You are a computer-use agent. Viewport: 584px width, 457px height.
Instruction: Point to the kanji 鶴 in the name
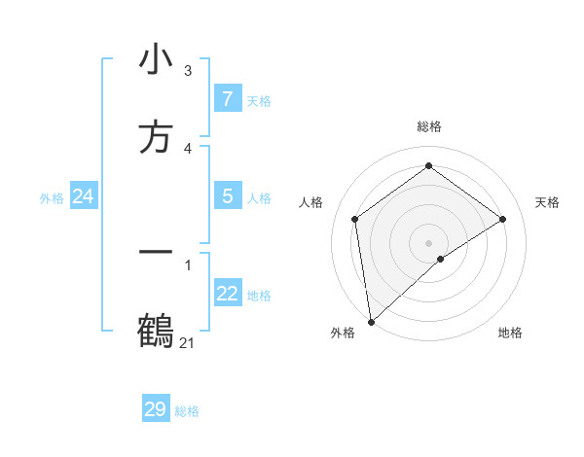pos(156,331)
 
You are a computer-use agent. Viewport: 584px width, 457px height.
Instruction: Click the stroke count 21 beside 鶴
pos(187,342)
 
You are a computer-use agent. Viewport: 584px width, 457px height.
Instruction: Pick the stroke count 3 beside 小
pos(187,70)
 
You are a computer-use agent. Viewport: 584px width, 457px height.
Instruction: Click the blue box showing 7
pos(228,98)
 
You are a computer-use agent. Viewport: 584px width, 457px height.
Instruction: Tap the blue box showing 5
pos(228,196)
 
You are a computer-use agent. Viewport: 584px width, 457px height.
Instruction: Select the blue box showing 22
pos(228,295)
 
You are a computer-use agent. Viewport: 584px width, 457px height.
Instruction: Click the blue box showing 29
pos(156,409)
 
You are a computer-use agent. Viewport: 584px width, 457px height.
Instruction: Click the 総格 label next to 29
pos(187,411)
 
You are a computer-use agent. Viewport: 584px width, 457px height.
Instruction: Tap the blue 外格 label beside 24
pos(52,198)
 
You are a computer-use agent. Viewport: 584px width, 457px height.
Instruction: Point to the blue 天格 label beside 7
pos(259,100)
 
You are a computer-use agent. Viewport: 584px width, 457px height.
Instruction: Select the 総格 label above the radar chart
pos(429,126)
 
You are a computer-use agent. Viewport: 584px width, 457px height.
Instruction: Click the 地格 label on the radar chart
pos(510,333)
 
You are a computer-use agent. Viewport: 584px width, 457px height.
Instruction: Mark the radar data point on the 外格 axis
pos(370,322)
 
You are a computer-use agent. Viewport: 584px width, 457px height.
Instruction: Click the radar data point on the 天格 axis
pos(503,219)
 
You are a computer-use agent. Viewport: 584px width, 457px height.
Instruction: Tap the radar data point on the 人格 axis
pos(355,219)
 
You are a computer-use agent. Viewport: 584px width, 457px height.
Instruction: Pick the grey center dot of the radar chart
pos(429,242)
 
